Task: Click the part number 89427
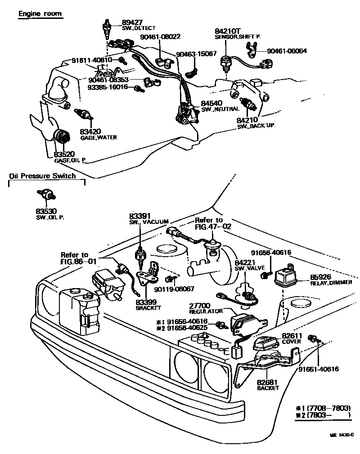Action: click(x=132, y=22)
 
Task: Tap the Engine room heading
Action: click(x=40, y=13)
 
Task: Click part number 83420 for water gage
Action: click(x=90, y=131)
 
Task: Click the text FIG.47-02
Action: click(x=213, y=227)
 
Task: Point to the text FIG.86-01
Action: click(x=79, y=261)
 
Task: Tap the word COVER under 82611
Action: click(x=291, y=342)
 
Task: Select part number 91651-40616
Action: click(x=318, y=369)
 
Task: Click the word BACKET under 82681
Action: click(x=268, y=388)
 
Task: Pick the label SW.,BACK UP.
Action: click(x=256, y=126)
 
